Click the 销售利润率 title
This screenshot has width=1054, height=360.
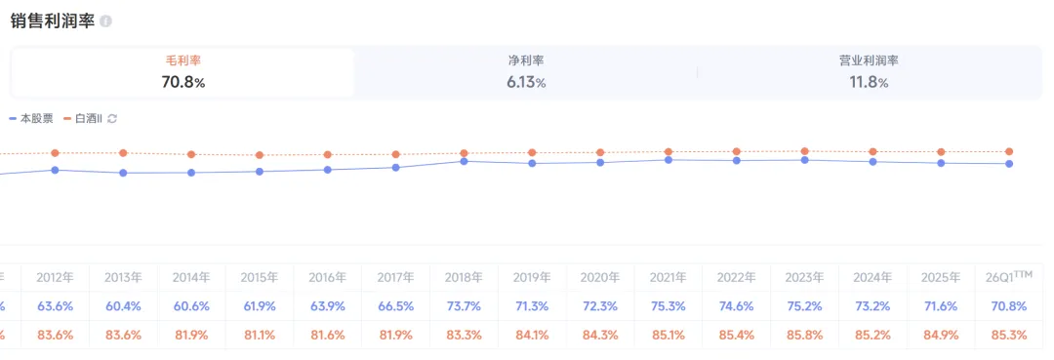tap(53, 20)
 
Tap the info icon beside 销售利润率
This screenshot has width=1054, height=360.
tap(105, 21)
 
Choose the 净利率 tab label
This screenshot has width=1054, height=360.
tap(526, 60)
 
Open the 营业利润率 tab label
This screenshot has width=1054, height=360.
tap(869, 60)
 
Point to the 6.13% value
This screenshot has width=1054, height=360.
tap(526, 83)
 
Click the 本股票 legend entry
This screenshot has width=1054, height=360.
tap(31, 119)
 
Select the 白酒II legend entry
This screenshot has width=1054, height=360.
tap(83, 119)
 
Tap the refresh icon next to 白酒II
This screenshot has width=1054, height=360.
tap(112, 119)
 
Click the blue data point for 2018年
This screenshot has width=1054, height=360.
tap(464, 161)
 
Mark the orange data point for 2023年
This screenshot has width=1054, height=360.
tap(804, 151)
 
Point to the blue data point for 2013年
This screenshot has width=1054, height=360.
tap(123, 173)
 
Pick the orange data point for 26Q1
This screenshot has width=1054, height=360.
tap(1009, 152)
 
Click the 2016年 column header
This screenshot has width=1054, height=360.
tap(327, 277)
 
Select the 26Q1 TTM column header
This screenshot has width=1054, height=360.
tap(1009, 277)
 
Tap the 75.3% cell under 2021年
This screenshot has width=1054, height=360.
tap(669, 306)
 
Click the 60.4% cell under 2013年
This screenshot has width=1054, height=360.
tap(123, 306)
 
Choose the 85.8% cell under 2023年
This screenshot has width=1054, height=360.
tap(804, 335)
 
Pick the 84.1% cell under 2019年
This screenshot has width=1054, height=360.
tap(532, 335)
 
